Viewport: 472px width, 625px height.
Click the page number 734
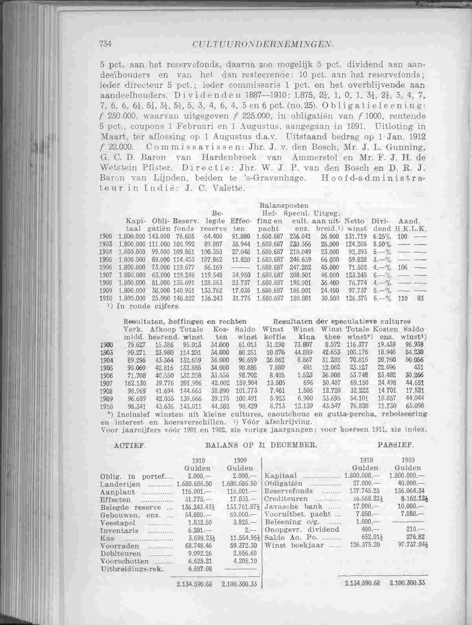(x=107, y=44)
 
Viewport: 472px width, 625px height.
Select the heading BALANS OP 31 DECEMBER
(x=261, y=446)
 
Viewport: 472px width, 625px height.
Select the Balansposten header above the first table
(x=283, y=205)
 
